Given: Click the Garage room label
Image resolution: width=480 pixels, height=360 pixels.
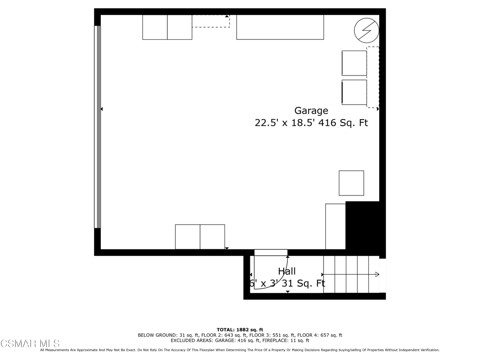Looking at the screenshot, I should (x=311, y=111).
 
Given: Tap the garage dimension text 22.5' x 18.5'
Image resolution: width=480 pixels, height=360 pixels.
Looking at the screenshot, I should (x=285, y=123).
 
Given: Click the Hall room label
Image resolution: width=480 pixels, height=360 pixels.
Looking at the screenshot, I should (x=287, y=271).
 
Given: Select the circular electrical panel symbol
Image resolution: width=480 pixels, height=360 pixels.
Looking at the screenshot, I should (x=366, y=30).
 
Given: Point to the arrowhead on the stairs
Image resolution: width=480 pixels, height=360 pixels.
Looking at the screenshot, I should (x=377, y=274).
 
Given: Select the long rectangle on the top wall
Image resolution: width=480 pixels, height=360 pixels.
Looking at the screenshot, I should (x=280, y=27).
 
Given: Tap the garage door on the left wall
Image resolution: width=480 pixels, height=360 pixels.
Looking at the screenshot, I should (x=97, y=127).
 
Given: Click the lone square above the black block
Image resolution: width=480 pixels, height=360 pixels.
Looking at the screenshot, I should (x=351, y=183).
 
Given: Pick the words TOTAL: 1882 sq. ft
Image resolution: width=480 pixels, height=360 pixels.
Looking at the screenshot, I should (x=240, y=330).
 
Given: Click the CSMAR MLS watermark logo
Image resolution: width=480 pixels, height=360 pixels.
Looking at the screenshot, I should (x=30, y=344).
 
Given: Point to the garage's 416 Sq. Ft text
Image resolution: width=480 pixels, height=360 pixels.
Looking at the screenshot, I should (x=343, y=123).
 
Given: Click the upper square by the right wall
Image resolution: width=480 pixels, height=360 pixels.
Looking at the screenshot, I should (x=354, y=63).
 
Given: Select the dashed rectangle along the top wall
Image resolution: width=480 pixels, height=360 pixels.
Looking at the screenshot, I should (x=210, y=21).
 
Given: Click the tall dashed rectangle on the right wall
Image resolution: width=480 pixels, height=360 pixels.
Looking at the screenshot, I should (x=373, y=77).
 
